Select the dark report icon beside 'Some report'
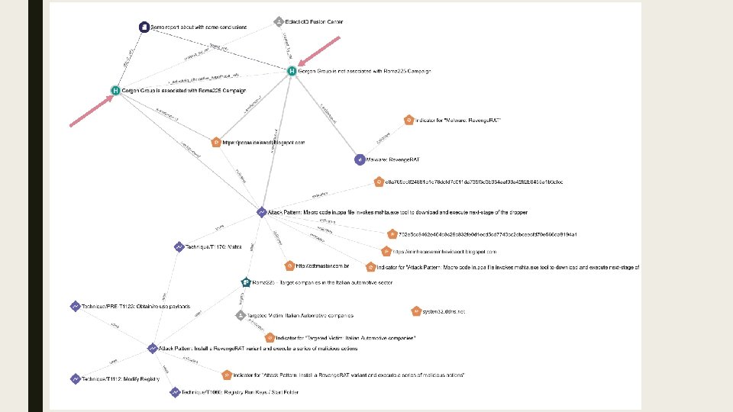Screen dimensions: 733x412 point(144,27)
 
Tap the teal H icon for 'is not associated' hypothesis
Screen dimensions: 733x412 point(291,71)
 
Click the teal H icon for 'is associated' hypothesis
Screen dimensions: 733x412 point(115,90)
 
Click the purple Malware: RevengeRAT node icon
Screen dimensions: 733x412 point(360,159)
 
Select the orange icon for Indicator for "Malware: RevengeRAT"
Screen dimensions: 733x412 point(409,120)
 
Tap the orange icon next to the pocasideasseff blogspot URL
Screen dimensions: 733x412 point(216,142)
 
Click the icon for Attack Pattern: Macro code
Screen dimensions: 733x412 point(261,211)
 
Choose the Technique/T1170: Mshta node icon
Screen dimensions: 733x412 point(179,246)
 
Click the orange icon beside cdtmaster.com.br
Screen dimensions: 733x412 point(289,266)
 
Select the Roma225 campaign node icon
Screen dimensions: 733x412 point(245,282)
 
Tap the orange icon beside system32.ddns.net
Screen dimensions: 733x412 point(415,311)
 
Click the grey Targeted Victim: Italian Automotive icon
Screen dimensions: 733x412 point(240,315)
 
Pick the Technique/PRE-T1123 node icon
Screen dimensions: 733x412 point(75,306)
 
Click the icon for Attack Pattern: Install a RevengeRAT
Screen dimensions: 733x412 point(152,348)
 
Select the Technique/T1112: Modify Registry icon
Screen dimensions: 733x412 point(75,378)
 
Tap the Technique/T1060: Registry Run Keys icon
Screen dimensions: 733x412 point(175,392)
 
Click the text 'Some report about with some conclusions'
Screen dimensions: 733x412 point(199,27)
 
